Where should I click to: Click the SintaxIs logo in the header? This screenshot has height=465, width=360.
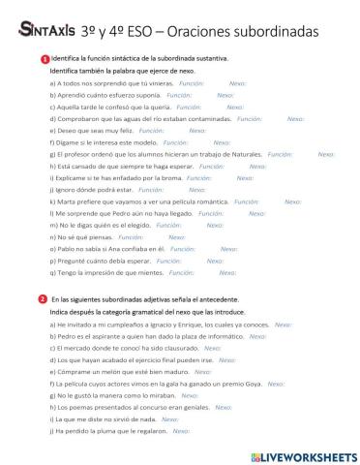pyautogui.click(x=41, y=30)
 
